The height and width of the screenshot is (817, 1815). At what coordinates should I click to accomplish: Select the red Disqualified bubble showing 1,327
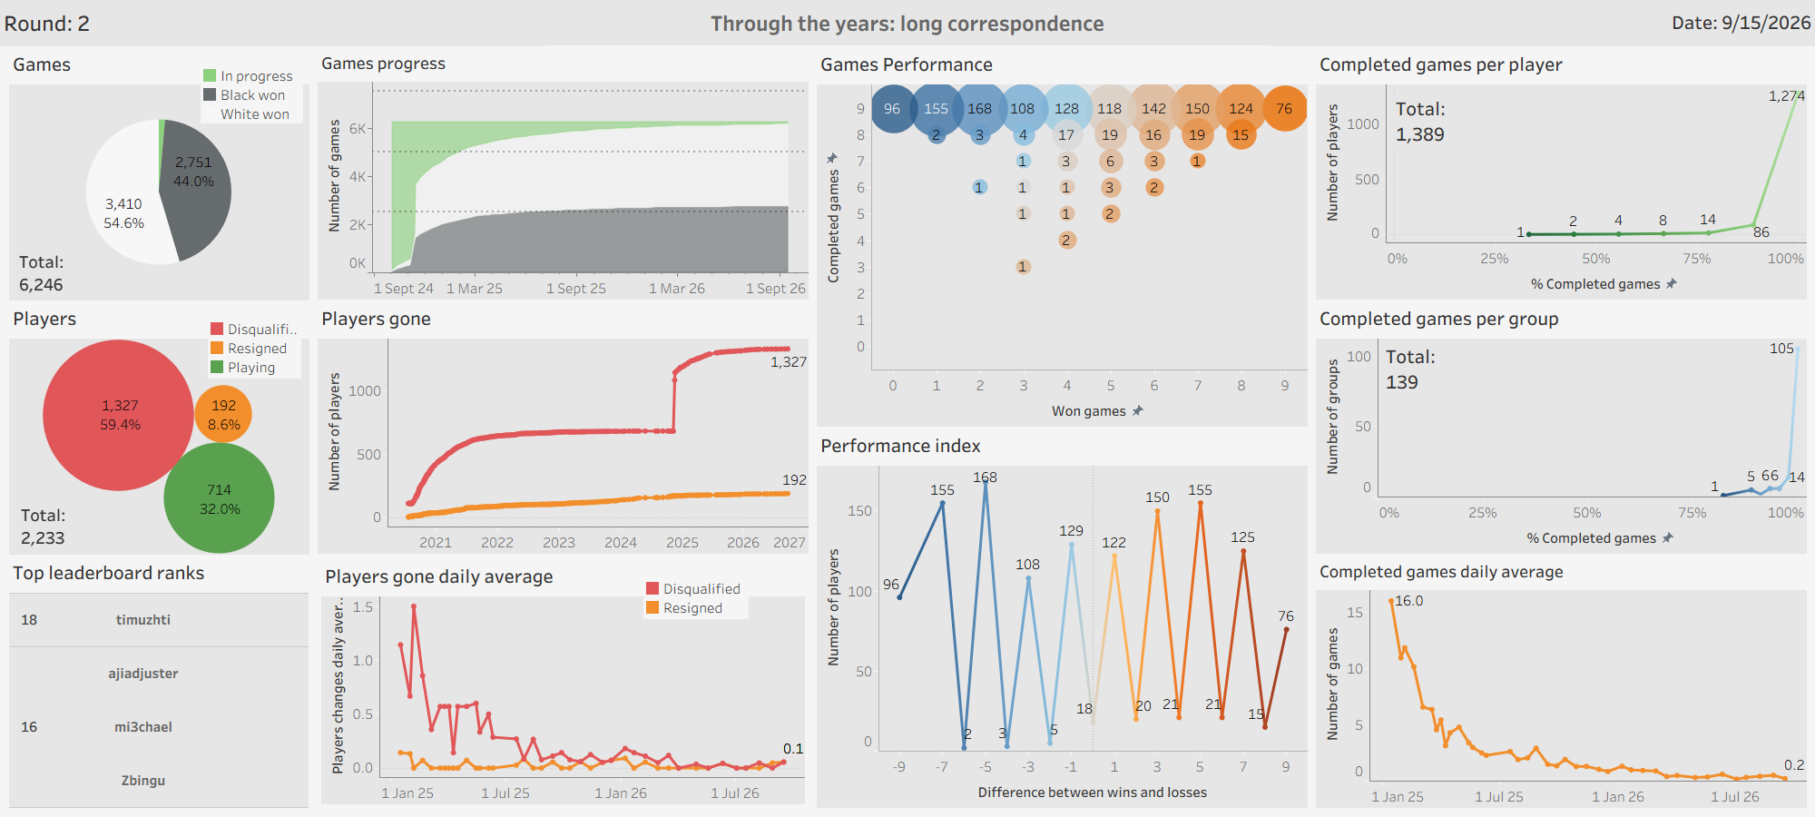tap(118, 415)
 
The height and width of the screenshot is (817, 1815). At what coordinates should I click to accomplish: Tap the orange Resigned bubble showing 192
tap(223, 414)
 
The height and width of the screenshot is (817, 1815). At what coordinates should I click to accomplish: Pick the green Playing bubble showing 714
tap(219, 498)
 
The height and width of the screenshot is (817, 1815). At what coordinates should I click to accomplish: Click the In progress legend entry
tap(248, 76)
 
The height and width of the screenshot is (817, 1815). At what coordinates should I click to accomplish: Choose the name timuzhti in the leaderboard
tap(142, 620)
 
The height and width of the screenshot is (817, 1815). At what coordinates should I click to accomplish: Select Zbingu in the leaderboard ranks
tap(142, 781)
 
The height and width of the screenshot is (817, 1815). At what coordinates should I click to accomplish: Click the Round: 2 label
tap(47, 24)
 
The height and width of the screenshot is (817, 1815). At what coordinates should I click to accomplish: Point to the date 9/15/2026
tap(1766, 23)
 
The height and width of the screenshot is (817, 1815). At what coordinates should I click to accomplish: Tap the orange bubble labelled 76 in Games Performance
tap(1284, 108)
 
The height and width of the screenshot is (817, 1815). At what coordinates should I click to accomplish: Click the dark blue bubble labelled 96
tap(893, 108)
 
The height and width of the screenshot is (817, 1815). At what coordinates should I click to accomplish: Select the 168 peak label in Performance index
tap(985, 477)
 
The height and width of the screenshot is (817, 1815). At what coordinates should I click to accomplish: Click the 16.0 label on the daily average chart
tap(1408, 601)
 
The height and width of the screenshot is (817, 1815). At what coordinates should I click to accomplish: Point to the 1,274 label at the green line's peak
tap(1786, 95)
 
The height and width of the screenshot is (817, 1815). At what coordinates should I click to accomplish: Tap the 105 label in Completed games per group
tap(1781, 349)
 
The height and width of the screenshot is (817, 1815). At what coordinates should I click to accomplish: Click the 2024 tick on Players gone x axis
tap(621, 543)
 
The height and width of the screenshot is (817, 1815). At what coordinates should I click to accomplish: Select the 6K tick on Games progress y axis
tap(358, 129)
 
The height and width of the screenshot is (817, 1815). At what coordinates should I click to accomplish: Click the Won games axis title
tap(1088, 411)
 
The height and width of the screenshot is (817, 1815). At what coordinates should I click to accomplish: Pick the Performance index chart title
tap(900, 446)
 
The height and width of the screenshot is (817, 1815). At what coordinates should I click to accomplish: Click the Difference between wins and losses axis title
tap(1093, 792)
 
